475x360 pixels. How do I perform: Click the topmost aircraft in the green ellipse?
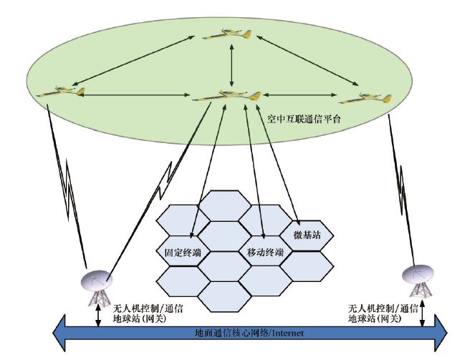tap(229, 34)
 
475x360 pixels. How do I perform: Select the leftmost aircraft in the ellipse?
tap(60, 92)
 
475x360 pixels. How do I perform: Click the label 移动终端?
tap(265, 252)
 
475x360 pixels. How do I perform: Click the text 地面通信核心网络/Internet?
tap(250, 333)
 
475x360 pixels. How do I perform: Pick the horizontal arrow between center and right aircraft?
tap(302, 95)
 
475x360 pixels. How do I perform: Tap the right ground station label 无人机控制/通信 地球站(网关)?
tap(383, 312)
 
